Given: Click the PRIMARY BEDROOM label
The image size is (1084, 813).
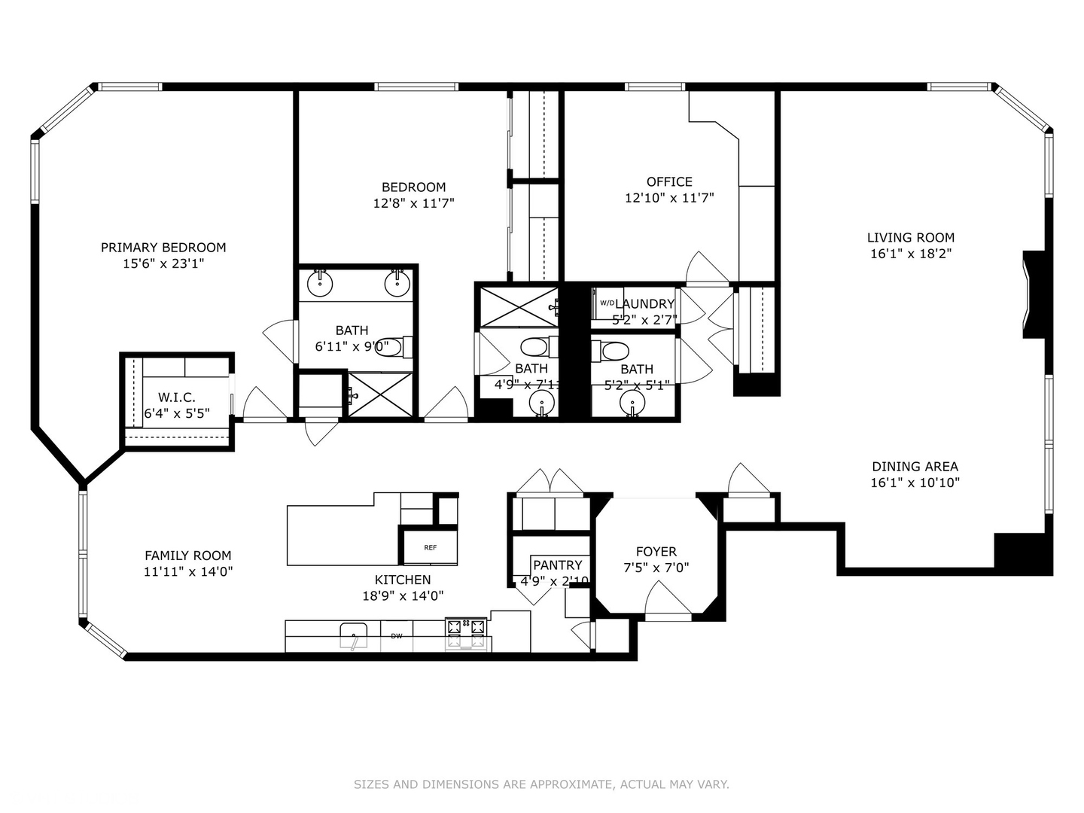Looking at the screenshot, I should pyautogui.click(x=163, y=248).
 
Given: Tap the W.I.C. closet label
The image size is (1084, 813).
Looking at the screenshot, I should pyautogui.click(x=177, y=397).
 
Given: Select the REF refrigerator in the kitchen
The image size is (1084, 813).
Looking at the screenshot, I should pyautogui.click(x=430, y=547).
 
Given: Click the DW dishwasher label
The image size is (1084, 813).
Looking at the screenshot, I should pyautogui.click(x=396, y=637).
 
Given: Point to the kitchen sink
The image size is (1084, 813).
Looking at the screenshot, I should pyautogui.click(x=353, y=635).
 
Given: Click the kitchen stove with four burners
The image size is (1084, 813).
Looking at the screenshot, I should pyautogui.click(x=467, y=633).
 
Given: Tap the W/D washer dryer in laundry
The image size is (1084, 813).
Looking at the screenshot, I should pyautogui.click(x=607, y=303).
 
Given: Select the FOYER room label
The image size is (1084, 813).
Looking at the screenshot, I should pyautogui.click(x=656, y=552).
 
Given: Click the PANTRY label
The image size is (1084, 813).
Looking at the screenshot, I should pyautogui.click(x=557, y=565).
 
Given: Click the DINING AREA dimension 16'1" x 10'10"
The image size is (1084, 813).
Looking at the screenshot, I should pyautogui.click(x=915, y=483).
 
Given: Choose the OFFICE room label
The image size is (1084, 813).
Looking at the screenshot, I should pyautogui.click(x=669, y=182).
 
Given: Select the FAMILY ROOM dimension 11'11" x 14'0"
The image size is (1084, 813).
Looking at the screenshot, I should pyautogui.click(x=188, y=572).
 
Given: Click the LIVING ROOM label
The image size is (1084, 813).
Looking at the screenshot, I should pyautogui.click(x=910, y=238).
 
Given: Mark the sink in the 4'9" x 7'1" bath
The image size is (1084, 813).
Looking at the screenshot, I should pyautogui.click(x=540, y=404).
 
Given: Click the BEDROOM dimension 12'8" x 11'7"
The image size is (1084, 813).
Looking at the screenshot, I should pyautogui.click(x=413, y=203).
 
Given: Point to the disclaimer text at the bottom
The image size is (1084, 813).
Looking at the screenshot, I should pyautogui.click(x=541, y=784).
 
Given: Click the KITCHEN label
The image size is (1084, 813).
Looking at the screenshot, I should pyautogui.click(x=403, y=580).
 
